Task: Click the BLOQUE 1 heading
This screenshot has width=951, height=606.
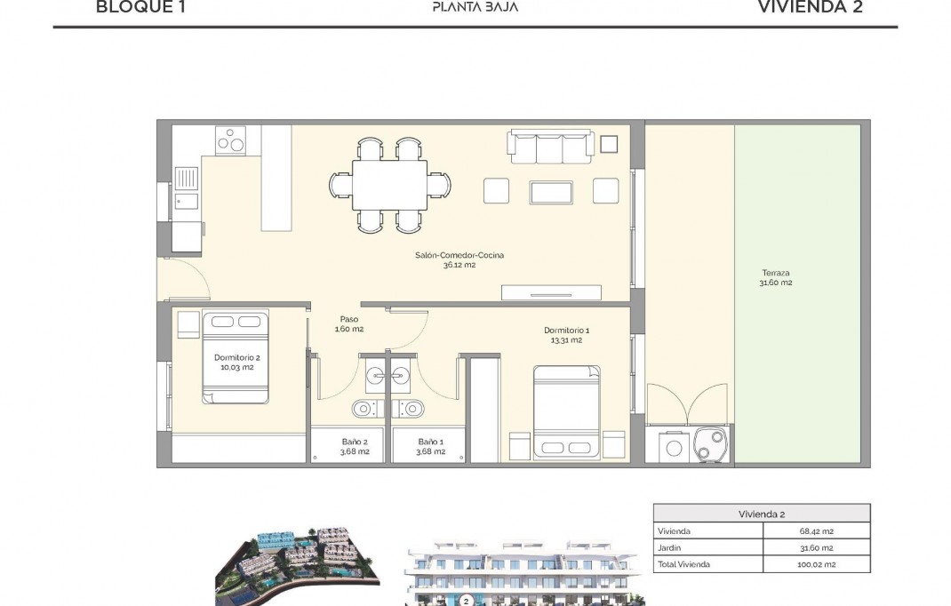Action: tap(141, 8)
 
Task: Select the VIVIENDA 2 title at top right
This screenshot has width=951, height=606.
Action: tap(810, 8)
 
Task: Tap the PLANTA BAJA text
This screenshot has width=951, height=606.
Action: tap(475, 8)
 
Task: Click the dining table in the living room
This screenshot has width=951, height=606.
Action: tap(389, 185)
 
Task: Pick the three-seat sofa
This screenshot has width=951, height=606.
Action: tap(550, 148)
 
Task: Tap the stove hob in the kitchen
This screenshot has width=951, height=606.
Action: tap(230, 140)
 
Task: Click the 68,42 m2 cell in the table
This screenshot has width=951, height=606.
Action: tap(816, 531)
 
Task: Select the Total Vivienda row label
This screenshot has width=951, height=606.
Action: tap(683, 564)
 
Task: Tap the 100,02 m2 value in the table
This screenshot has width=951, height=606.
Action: tap(816, 564)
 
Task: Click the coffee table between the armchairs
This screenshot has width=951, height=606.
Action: tap(551, 191)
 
